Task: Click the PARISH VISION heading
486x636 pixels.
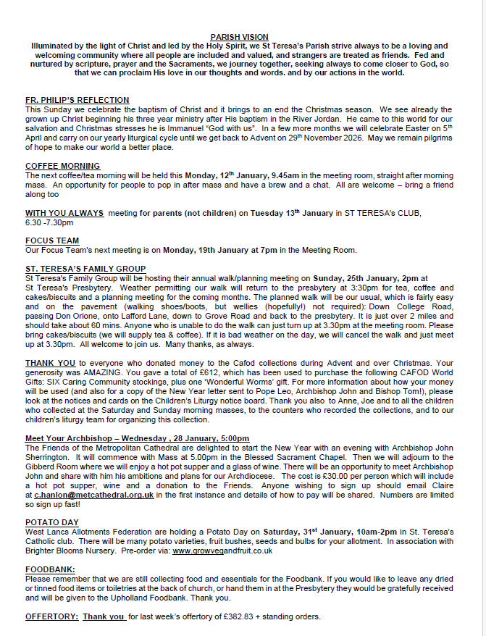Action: coord(239,37)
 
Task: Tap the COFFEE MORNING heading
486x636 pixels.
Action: coord(62,166)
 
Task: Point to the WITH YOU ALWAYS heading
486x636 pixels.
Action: coord(64,212)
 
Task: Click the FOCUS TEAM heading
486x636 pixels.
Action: coord(52,240)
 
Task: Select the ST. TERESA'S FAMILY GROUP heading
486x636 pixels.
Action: coord(85,269)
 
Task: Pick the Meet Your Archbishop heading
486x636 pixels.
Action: coord(137,438)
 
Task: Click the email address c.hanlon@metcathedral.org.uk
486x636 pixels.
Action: coord(93,495)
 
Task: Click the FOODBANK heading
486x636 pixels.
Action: coord(50,569)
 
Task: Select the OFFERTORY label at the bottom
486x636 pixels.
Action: coord(51,616)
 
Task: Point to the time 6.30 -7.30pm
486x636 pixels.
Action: coord(54,222)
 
